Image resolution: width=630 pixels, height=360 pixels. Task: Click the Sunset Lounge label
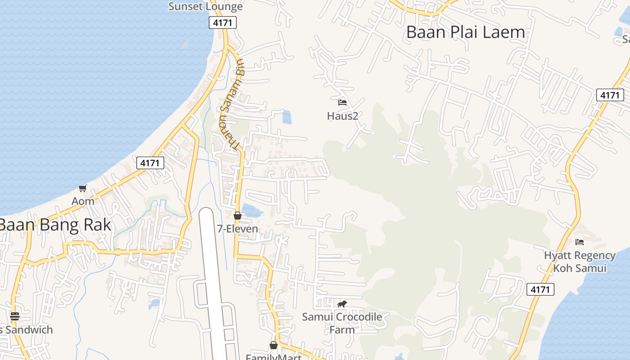point(206,6)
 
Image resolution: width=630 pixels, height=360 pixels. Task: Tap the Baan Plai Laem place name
point(465,32)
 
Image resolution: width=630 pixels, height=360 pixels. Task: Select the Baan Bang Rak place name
point(55,225)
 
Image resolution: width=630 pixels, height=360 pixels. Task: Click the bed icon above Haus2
point(342,103)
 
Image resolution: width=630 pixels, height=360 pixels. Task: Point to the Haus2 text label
point(342,116)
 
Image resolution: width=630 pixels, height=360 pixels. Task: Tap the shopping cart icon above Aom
point(82,188)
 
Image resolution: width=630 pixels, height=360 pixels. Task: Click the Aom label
point(83,201)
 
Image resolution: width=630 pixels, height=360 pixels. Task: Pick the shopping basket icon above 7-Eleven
point(238,216)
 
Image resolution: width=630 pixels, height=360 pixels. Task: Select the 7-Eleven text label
point(238,229)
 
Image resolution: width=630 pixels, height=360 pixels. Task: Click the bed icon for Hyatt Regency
point(580,242)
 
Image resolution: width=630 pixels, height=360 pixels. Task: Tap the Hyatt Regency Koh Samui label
point(580,262)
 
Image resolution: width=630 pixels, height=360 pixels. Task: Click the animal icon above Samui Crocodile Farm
point(342,304)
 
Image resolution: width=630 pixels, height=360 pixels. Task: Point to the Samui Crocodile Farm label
point(342,323)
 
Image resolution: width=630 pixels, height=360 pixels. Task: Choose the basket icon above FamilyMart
point(273,345)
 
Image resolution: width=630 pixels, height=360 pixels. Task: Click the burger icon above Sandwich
point(15,316)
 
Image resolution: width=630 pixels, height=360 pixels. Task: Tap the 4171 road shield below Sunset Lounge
point(223,22)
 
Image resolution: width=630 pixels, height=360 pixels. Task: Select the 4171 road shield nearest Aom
point(150,163)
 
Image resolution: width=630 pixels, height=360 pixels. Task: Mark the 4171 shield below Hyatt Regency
point(540,289)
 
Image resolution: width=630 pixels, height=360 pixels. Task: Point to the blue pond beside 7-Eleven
point(252,211)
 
